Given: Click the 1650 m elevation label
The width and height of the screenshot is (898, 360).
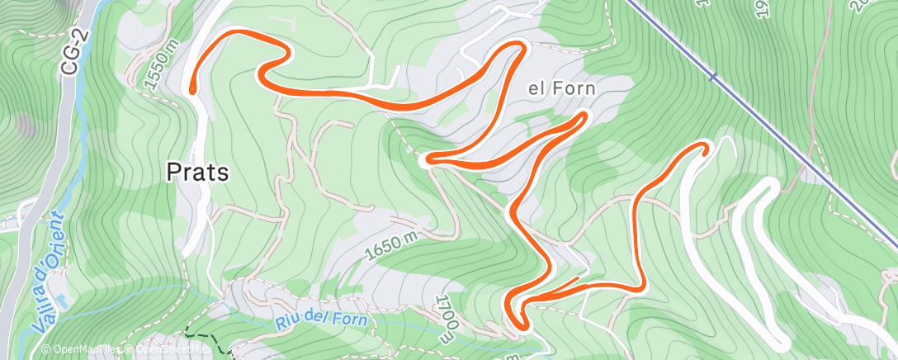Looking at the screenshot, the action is (396, 244).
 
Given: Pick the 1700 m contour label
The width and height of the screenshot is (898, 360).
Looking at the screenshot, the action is (447, 318).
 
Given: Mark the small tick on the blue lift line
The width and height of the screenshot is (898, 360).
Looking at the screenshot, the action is (711, 77).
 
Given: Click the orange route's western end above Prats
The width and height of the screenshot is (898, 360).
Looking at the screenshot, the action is (192, 88).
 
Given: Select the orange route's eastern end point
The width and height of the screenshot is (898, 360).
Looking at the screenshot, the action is (704, 146).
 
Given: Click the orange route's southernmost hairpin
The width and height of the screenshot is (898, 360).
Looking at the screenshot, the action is (522, 324).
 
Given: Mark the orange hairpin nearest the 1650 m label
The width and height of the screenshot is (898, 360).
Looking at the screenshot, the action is (428, 159).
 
